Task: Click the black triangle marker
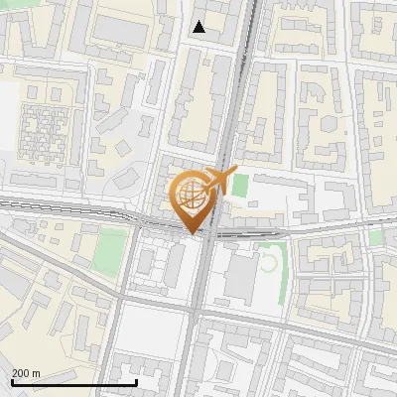tap(199, 28)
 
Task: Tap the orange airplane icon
tap(220, 181)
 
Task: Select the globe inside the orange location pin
tap(192, 196)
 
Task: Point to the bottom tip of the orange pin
tap(192, 233)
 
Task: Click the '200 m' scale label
tap(27, 372)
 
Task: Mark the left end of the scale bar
tap(12, 382)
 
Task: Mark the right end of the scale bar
tap(136, 382)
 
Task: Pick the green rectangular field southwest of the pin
tap(113, 245)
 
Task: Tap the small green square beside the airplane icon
tap(240, 185)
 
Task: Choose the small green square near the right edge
tap(375, 238)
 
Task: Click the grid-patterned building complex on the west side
tap(43, 130)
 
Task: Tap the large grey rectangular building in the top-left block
tap(119, 31)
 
